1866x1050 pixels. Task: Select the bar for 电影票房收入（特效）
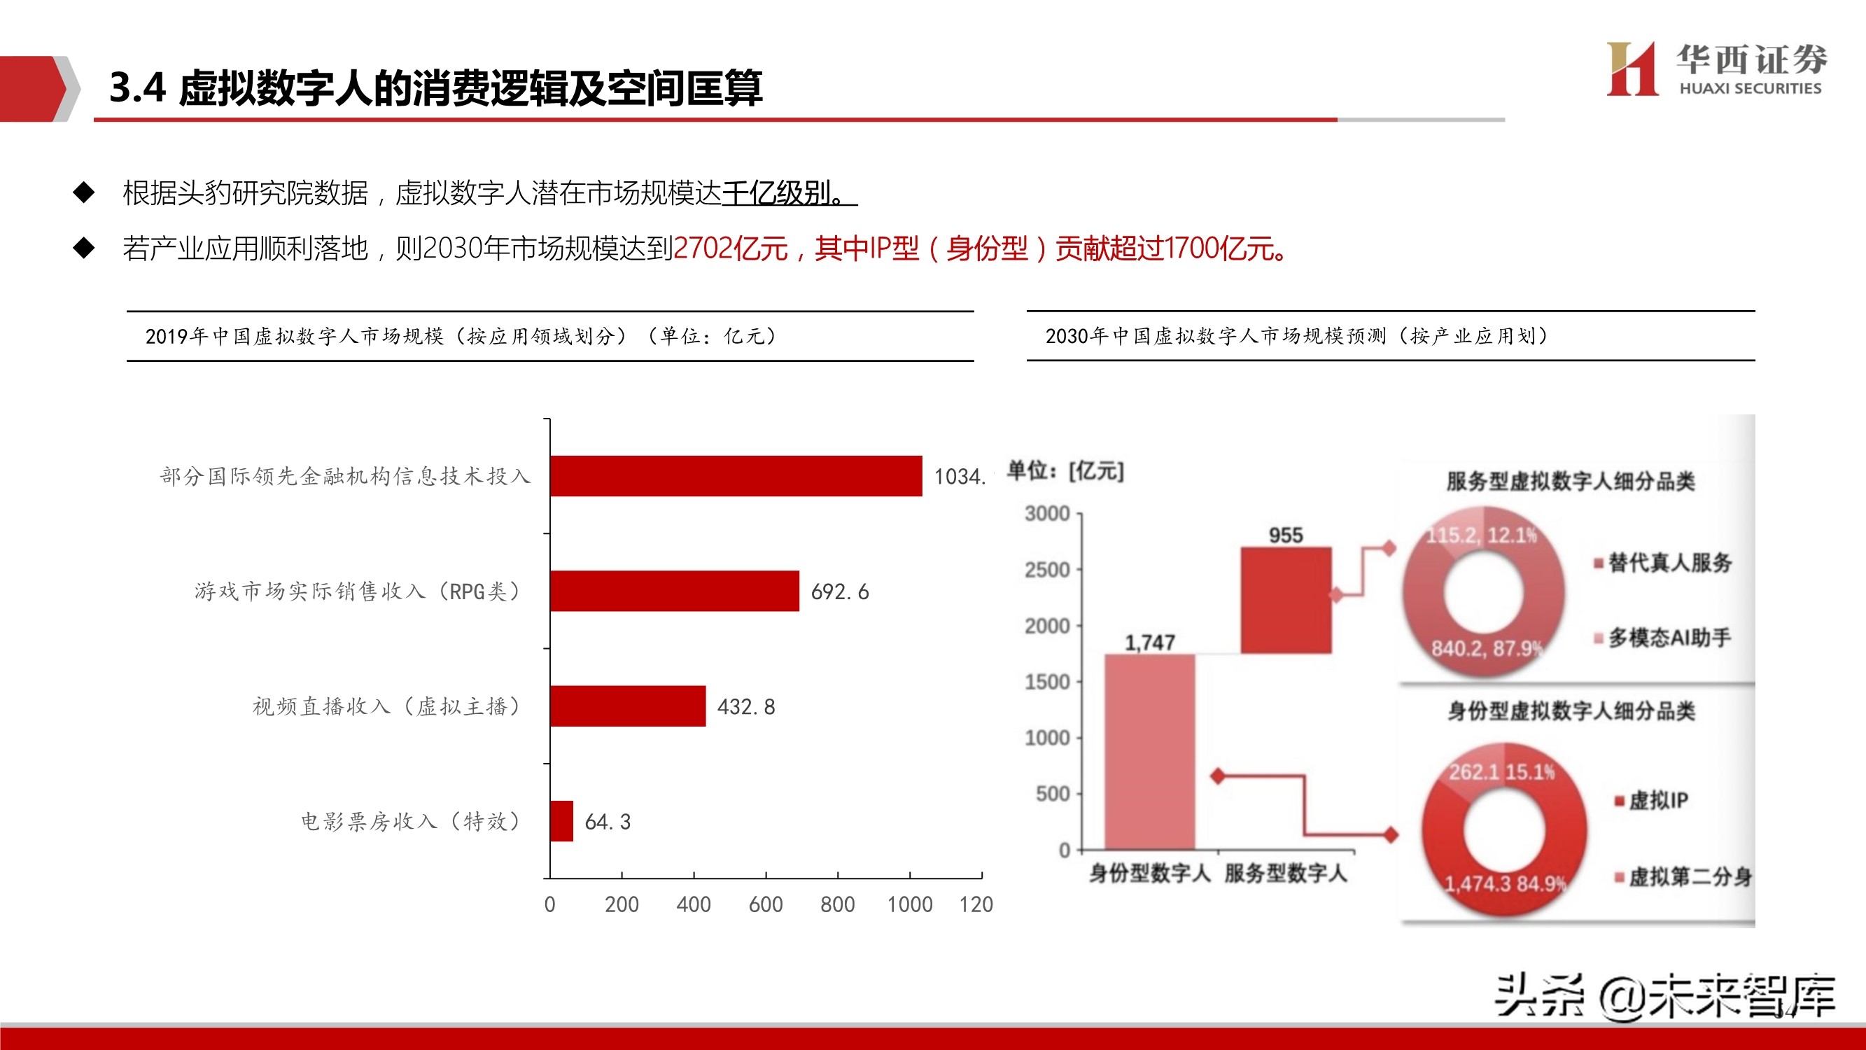click(x=561, y=821)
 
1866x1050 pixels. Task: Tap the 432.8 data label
click(x=746, y=706)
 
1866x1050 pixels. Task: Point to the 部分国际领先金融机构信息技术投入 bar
click(x=736, y=476)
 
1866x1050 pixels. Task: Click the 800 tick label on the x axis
click(x=837, y=904)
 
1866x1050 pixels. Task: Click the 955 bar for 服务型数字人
click(x=1286, y=600)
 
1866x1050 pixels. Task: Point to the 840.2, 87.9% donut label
click(x=1486, y=647)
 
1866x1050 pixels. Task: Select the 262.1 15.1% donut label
click(x=1501, y=771)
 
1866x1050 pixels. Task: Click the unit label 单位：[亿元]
click(x=1065, y=471)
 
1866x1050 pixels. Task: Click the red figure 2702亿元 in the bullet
click(x=730, y=248)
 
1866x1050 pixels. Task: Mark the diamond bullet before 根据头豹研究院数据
click(x=84, y=192)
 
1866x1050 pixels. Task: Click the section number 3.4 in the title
click(x=138, y=87)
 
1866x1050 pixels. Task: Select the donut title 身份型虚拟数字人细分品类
click(x=1571, y=711)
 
